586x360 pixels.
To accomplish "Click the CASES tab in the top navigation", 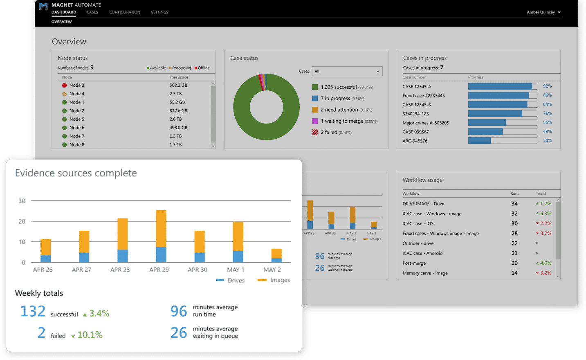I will (92, 12).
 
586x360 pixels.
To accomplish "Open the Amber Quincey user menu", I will (543, 12).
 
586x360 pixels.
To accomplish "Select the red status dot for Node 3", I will (64, 85).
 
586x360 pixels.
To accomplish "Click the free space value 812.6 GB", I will (178, 111).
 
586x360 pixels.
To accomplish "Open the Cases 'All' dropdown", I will (347, 71).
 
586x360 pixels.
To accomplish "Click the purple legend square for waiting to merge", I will (315, 121).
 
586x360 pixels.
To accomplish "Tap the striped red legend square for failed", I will (315, 133).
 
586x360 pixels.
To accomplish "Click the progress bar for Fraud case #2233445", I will (502, 95).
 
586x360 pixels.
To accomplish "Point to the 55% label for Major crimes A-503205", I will (547, 122).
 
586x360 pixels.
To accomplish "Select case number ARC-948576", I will (415, 141).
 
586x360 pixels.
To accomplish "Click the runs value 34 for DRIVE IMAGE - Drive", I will (514, 204).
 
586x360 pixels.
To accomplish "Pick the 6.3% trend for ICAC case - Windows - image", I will (546, 214).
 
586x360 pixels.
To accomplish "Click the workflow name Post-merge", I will (414, 263).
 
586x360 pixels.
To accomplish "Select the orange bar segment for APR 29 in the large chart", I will (161, 228).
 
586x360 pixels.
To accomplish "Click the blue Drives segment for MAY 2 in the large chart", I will (276, 260).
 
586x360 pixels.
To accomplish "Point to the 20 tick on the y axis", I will (22, 221).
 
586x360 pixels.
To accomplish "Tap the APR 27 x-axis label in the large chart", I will (81, 270).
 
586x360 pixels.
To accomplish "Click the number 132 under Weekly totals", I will (33, 311).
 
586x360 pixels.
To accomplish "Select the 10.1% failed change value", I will (90, 335).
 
